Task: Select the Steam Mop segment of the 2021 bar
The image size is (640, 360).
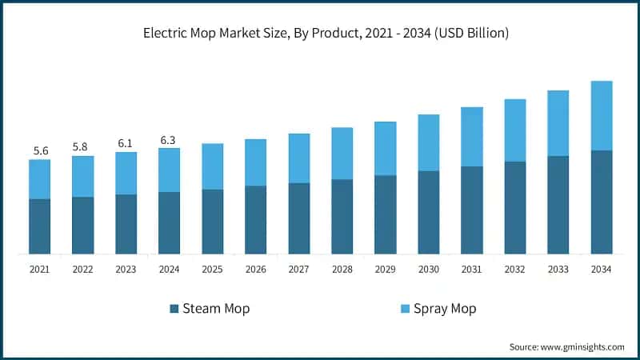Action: [x=40, y=226]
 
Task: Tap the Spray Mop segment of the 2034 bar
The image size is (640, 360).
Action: [x=601, y=115]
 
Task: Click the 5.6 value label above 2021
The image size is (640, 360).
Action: [x=40, y=150]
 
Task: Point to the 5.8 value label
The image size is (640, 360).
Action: [x=83, y=147]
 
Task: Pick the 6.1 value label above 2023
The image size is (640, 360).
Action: [x=126, y=143]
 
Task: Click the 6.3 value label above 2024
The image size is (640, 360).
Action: [x=169, y=140]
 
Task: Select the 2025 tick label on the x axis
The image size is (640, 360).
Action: [x=212, y=270]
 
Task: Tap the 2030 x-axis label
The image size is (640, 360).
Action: [x=428, y=270]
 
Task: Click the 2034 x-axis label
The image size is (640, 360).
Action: [x=601, y=270]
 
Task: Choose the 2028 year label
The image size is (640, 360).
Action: [x=342, y=270]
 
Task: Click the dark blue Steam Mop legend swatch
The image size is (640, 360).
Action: [x=174, y=309]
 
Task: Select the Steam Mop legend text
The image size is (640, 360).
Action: [x=216, y=309]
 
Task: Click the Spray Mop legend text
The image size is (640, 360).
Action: [x=445, y=309]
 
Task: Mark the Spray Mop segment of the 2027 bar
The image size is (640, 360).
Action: [x=298, y=158]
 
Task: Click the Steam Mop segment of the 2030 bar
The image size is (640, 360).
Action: [x=428, y=212]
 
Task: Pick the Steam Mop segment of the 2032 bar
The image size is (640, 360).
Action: [x=514, y=208]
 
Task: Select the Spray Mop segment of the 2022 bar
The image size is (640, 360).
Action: [x=83, y=176]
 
